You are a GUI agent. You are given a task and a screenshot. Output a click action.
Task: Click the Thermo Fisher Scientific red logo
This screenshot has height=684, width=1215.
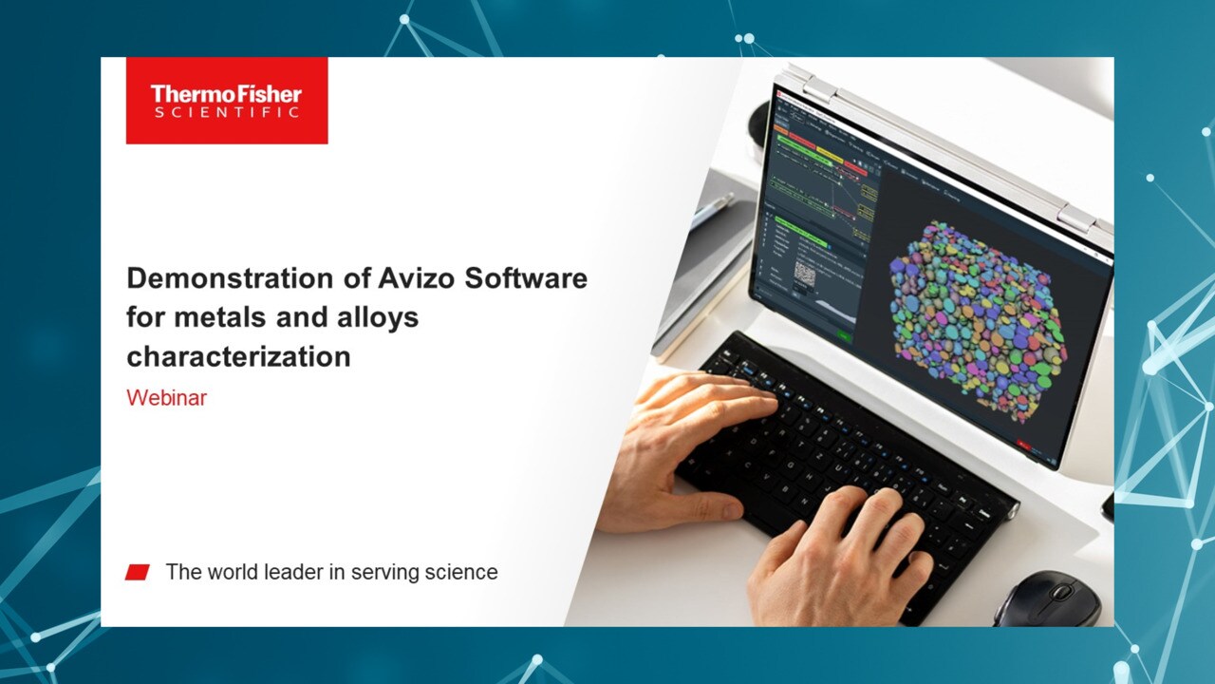click(x=226, y=101)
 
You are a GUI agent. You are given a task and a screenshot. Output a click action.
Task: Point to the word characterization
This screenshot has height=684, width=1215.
click(x=238, y=356)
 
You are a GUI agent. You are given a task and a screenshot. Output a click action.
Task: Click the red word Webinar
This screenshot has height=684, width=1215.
click(x=166, y=398)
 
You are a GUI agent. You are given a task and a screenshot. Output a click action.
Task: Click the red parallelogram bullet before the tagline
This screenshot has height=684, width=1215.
click(x=138, y=572)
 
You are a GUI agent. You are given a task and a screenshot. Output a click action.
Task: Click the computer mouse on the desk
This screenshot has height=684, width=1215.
click(x=1047, y=600)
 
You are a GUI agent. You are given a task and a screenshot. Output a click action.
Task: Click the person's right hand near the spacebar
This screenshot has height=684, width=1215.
click(x=835, y=560)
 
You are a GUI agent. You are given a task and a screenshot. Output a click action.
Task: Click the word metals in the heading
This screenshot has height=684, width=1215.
click(x=221, y=316)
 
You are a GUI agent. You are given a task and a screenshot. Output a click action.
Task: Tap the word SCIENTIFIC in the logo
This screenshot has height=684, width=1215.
click(x=226, y=112)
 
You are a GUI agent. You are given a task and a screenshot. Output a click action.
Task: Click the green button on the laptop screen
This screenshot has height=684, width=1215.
click(x=842, y=335)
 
